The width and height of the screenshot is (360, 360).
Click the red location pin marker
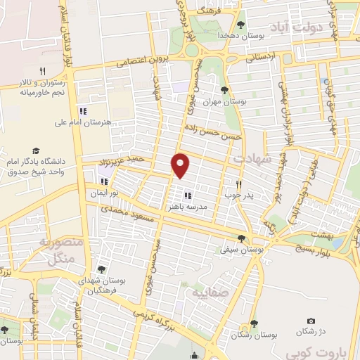coord(181,165)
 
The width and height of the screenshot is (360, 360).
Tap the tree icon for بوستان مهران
coord(224,89)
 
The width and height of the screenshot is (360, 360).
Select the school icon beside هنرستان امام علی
coord(82,110)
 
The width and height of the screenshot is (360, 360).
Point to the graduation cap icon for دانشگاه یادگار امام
coord(35,150)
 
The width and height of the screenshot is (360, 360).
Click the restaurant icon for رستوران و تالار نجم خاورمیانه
coord(42,71)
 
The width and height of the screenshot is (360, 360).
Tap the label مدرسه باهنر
coord(187,208)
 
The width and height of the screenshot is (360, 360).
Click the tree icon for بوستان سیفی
coord(242,239)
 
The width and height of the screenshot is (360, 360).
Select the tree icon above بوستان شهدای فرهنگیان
coord(101,269)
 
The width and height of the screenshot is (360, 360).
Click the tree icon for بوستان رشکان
coord(252,323)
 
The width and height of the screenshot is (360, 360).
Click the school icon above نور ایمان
coord(104,182)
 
